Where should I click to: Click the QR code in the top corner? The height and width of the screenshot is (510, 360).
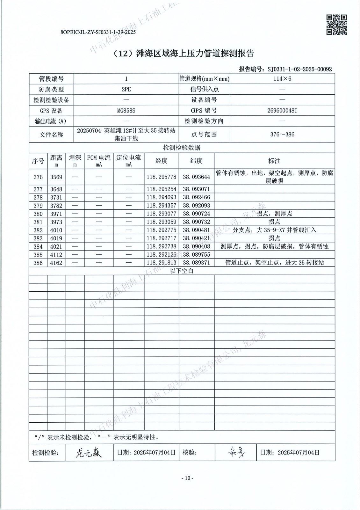click(337, 25)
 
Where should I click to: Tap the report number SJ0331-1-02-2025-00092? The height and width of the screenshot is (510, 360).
click(299, 69)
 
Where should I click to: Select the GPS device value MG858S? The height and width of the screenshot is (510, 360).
click(126, 111)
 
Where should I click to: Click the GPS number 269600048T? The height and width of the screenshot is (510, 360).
click(282, 111)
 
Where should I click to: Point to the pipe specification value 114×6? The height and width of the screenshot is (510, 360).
click(282, 79)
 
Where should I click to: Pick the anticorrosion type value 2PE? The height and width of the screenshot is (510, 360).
click(126, 90)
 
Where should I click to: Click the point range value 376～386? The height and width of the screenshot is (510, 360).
click(282, 135)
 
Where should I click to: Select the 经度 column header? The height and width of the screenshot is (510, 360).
click(161, 161)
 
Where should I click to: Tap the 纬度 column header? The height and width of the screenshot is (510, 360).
click(196, 161)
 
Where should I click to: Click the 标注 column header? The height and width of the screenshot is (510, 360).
click(274, 161)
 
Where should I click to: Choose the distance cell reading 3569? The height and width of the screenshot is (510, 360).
click(56, 177)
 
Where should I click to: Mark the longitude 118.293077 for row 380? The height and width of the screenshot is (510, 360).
click(161, 214)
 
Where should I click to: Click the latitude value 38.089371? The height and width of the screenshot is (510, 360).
click(196, 263)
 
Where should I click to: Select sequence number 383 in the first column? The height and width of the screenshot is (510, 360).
click(38, 238)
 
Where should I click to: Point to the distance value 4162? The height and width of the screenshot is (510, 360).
click(56, 263)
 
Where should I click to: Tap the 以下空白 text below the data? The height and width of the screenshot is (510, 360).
click(182, 271)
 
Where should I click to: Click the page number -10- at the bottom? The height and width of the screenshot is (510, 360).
click(187, 478)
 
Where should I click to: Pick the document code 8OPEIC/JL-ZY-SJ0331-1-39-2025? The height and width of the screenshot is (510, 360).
click(98, 32)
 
